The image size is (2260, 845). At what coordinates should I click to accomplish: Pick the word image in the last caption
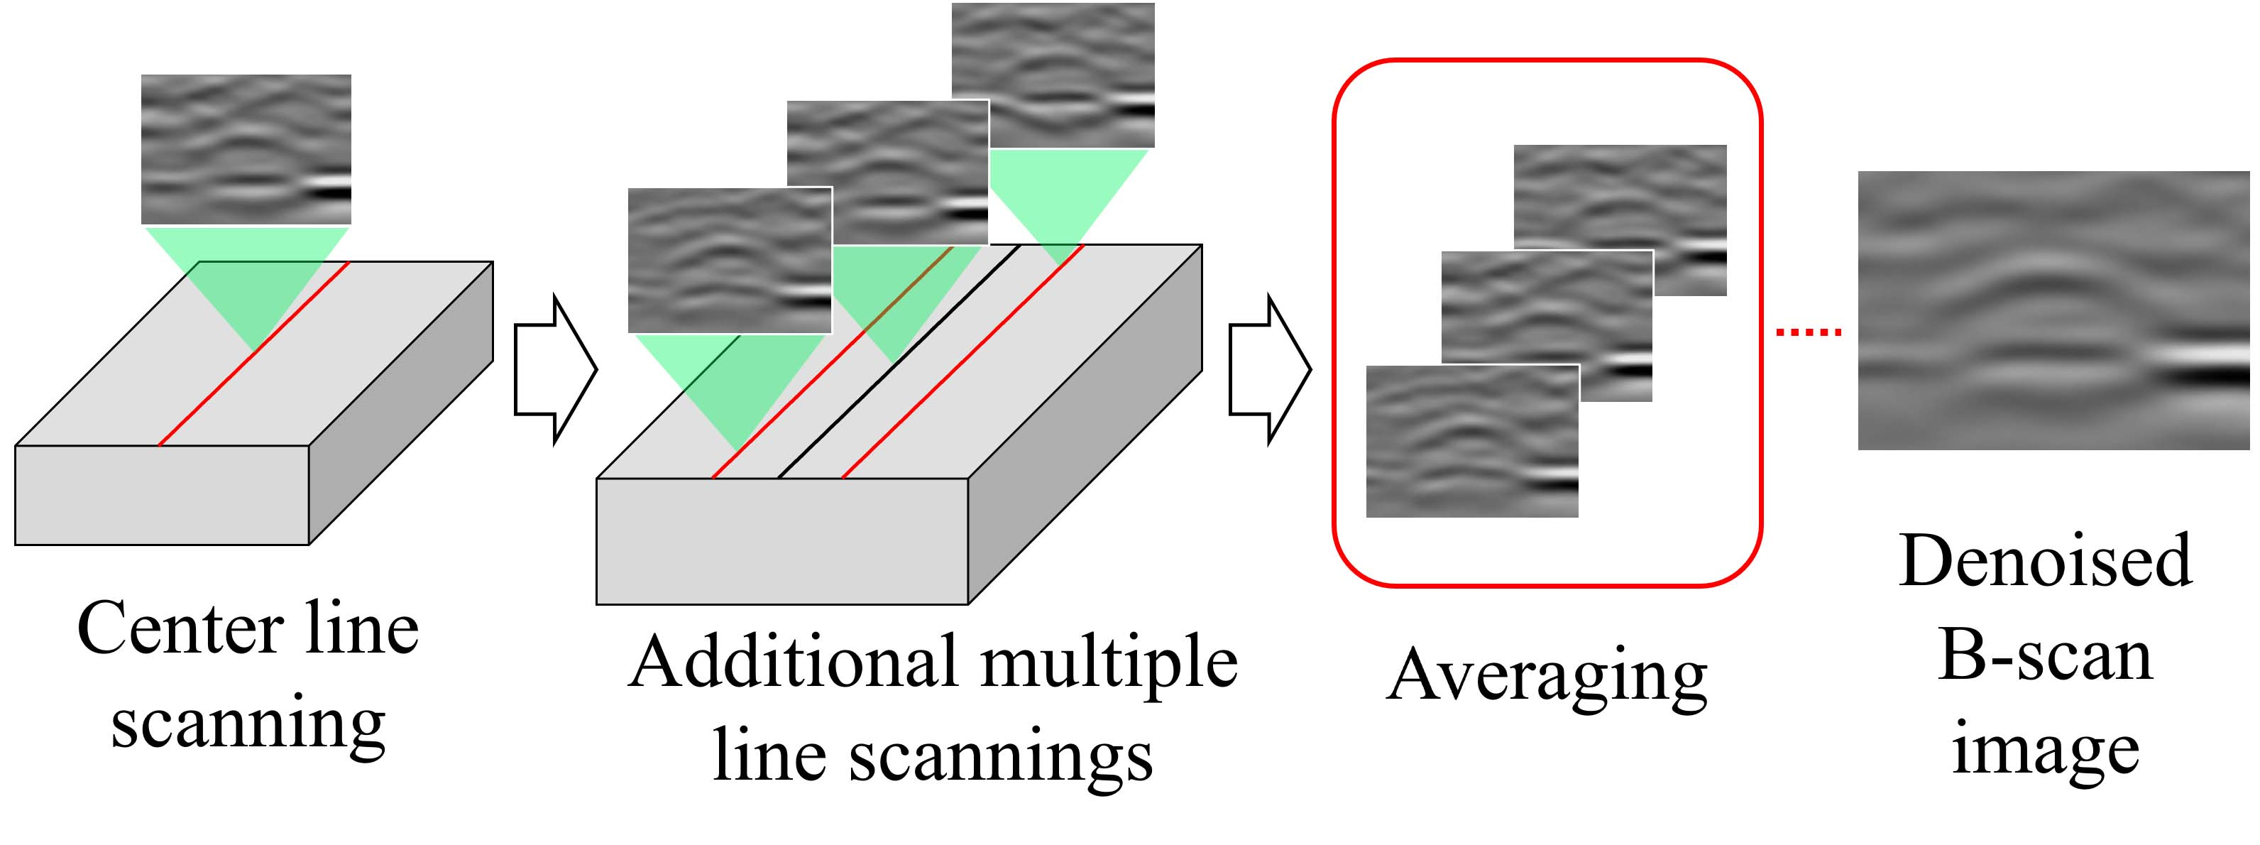2045,751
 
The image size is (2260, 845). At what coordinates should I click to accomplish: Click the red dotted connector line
1808,332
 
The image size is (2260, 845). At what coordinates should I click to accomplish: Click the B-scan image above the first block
246,148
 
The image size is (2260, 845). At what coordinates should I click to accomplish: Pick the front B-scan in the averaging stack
1471,440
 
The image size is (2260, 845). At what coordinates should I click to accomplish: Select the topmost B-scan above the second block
1053,75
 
